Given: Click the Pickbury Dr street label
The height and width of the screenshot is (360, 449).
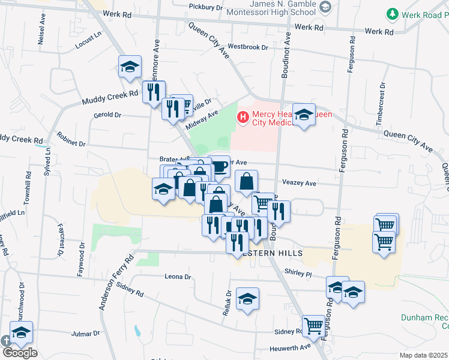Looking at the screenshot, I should [206, 7].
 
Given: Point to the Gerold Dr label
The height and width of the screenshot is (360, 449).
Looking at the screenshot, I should [107, 115].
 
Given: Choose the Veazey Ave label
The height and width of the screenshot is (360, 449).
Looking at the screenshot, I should [298, 182].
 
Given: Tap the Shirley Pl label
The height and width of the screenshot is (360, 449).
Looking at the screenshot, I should [300, 273].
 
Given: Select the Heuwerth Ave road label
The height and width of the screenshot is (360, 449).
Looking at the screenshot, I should [293, 346].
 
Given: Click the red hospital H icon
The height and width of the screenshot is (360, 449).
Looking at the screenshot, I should [243, 116].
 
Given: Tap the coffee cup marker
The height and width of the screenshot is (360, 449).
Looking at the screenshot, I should [219, 166].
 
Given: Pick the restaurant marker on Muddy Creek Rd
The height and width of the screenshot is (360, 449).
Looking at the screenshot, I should [154, 91].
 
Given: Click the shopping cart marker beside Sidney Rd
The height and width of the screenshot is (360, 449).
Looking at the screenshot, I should [313, 326].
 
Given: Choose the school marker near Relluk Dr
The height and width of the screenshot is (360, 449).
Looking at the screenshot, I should [247, 299].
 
